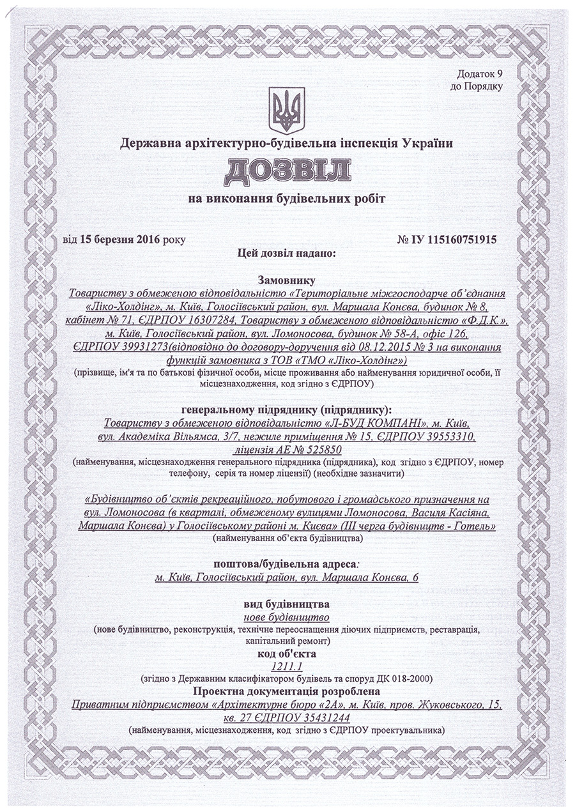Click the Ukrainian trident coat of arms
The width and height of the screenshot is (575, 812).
pos(287,111)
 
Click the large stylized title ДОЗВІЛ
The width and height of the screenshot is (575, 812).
pos(287,172)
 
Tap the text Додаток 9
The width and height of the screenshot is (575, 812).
pos(480,75)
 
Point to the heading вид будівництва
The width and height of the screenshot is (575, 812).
pos(287,604)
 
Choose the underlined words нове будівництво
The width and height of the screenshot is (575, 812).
pos(287,617)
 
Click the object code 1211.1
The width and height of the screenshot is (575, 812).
pos(287,666)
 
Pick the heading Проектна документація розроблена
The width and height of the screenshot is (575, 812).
pos(287,691)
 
